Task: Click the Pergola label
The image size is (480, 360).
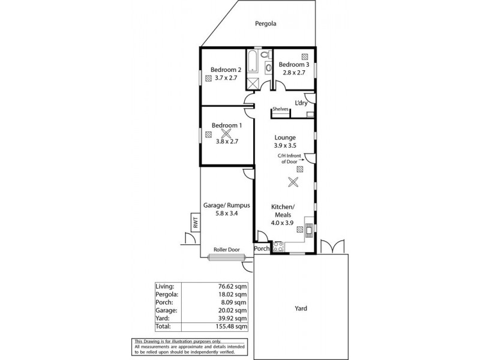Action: click(x=268, y=25)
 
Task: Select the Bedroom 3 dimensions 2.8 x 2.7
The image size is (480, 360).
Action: click(x=294, y=73)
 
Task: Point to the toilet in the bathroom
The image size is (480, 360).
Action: click(x=268, y=67)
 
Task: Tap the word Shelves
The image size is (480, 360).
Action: click(x=281, y=109)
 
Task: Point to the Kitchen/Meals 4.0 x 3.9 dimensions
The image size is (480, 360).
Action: click(x=284, y=223)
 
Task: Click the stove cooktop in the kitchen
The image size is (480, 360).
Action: click(x=278, y=245)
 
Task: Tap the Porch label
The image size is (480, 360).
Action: click(x=262, y=248)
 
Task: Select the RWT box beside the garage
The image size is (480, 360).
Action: click(x=196, y=223)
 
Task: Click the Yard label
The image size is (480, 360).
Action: click(x=301, y=308)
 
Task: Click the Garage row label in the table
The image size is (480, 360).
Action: click(x=167, y=311)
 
